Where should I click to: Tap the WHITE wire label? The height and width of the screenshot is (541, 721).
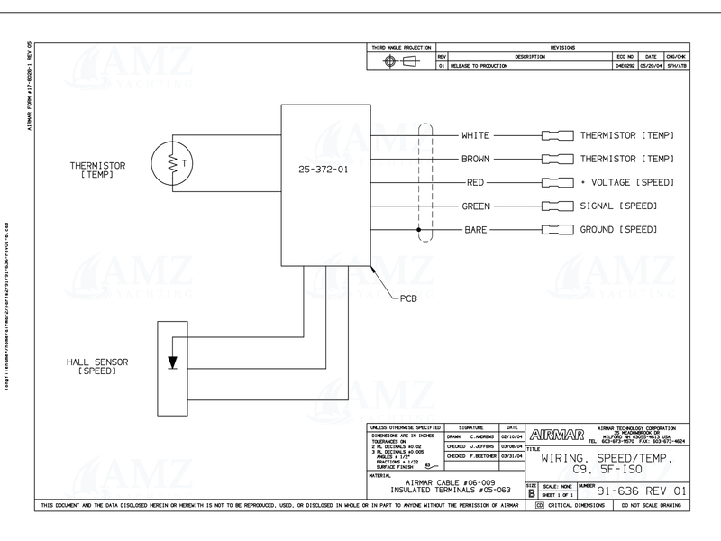click(475, 136)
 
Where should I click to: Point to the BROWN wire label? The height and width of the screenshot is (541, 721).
click(475, 160)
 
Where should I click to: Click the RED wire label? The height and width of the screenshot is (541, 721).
click(475, 183)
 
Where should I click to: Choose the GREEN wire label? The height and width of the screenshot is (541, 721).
click(475, 206)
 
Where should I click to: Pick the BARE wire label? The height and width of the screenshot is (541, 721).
click(475, 230)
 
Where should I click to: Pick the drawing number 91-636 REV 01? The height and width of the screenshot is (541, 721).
click(636, 493)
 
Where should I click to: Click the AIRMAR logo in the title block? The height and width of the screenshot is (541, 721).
click(557, 432)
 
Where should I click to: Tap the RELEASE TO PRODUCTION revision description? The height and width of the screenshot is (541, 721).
click(482, 66)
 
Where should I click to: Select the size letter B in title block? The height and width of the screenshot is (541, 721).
click(532, 493)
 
